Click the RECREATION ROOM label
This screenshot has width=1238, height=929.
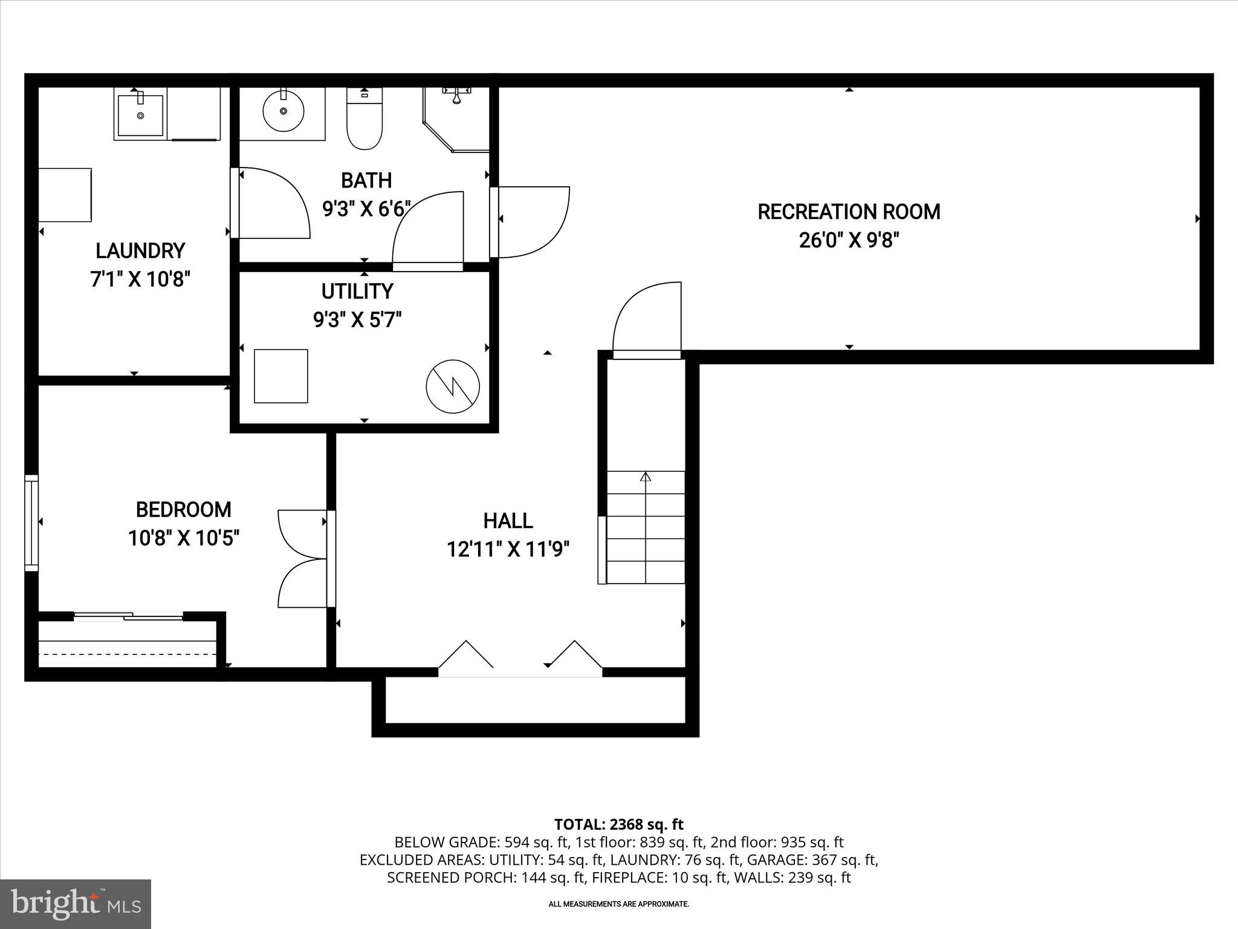click(849, 212)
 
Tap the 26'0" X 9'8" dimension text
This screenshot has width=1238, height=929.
click(849, 241)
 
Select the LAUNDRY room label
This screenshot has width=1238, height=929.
click(140, 250)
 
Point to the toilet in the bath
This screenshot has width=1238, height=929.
click(365, 120)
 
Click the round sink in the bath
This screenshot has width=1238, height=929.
click(284, 111)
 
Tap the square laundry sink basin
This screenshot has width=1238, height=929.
click(140, 114)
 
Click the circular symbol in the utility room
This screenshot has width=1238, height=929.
click(453, 386)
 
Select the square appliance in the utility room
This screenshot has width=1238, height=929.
click(280, 376)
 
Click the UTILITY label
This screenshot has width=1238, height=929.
click(357, 292)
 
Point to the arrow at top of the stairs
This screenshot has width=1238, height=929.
click(646, 477)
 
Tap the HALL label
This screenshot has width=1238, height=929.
click(508, 521)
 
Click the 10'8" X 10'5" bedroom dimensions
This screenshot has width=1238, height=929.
click(184, 538)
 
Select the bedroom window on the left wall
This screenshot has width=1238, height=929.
click(31, 523)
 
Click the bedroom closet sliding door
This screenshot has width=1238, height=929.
click(128, 616)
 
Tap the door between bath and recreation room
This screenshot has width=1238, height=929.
click(532, 221)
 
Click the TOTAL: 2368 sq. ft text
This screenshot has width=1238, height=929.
click(618, 824)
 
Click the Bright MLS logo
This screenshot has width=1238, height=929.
click(76, 904)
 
